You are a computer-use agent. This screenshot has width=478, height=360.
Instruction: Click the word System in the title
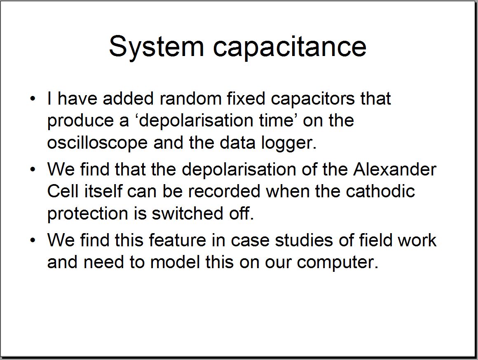(x=157, y=47)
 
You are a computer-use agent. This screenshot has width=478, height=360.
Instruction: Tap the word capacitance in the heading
(x=290, y=47)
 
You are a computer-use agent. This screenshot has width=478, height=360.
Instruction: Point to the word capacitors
(x=313, y=99)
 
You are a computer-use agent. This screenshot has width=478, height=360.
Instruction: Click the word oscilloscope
(x=97, y=143)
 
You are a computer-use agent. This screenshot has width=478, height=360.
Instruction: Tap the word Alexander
(x=395, y=169)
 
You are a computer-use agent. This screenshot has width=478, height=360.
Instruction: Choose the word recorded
(x=224, y=191)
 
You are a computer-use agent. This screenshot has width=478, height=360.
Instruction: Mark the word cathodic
(x=380, y=191)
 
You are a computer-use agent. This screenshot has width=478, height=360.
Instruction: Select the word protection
(x=87, y=214)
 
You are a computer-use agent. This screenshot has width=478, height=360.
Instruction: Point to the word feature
(x=178, y=240)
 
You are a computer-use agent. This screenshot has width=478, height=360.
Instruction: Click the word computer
(x=338, y=262)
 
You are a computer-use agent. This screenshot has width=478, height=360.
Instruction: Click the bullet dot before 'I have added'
(x=33, y=99)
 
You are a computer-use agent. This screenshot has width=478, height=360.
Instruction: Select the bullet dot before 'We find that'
(x=33, y=169)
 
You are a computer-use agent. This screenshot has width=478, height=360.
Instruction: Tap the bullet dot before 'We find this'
(x=33, y=240)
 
